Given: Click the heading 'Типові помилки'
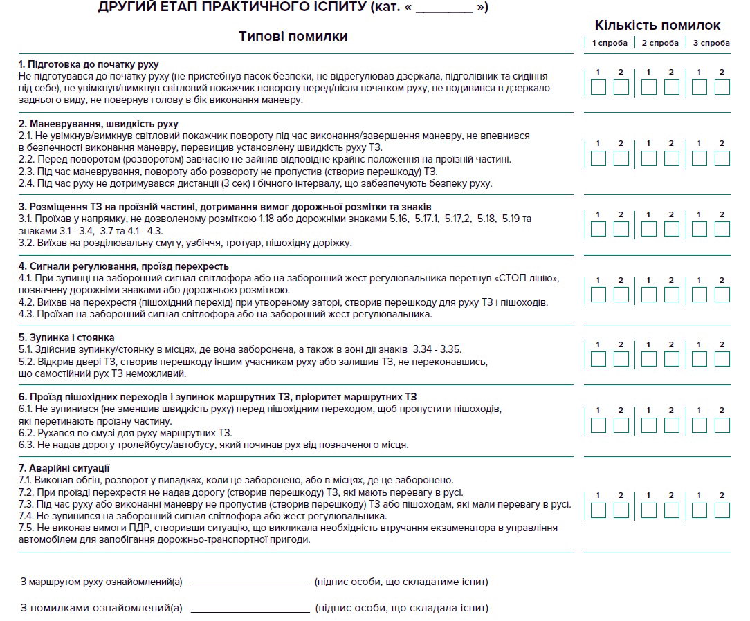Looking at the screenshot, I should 293,36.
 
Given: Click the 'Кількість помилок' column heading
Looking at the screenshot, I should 657,26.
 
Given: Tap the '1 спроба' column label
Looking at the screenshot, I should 610,43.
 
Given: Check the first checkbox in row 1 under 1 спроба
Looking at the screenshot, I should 599,87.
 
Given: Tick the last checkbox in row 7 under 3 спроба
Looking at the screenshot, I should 722,510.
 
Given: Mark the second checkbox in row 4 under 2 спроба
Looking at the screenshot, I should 672,295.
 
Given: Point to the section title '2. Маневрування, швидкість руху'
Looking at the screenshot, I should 99,124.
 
